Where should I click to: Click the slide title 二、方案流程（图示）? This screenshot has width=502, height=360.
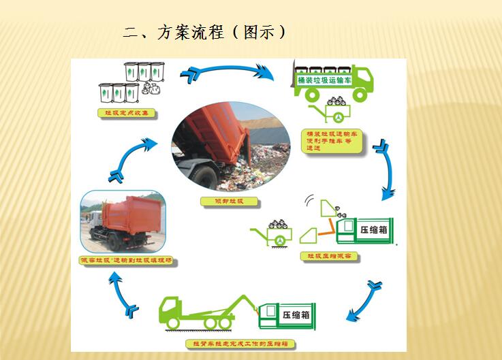[x=204, y=32]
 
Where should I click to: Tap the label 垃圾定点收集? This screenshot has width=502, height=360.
[x=127, y=112]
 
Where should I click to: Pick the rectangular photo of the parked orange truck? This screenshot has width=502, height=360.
[x=123, y=222]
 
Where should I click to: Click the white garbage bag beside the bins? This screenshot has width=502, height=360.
[x=153, y=88]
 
